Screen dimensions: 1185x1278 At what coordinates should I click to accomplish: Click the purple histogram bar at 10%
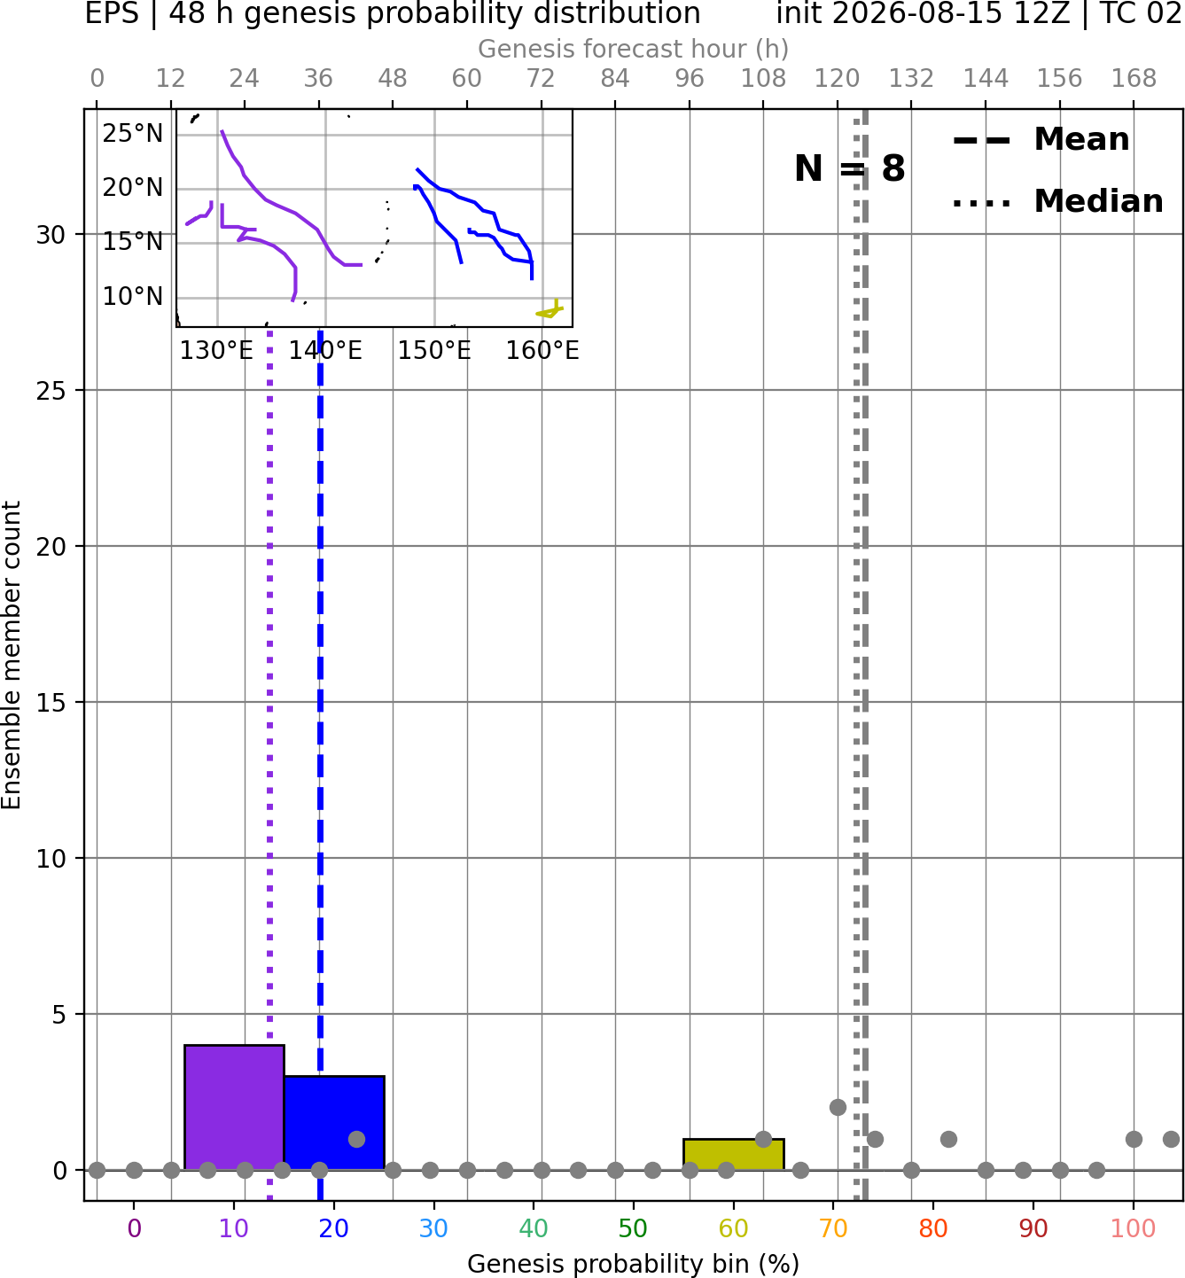pos(234,1107)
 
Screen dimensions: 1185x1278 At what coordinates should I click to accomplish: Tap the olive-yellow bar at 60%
pos(734,1155)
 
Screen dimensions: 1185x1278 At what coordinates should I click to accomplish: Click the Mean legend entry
pos(1041,139)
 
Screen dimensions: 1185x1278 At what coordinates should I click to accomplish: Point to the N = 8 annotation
pos(850,168)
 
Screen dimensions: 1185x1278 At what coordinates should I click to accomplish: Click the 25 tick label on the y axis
pos(51,391)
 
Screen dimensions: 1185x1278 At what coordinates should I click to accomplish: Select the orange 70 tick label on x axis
pos(833,1228)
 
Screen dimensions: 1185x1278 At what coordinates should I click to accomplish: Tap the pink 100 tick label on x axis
pos(1134,1228)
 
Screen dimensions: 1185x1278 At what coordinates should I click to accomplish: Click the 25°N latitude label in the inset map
pos(133,134)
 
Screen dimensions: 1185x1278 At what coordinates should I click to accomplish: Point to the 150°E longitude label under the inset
pos(434,351)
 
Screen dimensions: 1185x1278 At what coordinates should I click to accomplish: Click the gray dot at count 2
pos(838,1108)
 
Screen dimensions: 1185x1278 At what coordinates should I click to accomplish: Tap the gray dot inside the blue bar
pos(356,1139)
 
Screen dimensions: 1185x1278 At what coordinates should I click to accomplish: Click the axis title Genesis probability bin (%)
pos(634,1264)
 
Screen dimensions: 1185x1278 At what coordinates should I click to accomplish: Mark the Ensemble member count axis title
pos(11,655)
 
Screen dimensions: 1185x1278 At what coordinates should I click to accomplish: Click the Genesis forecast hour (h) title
pos(634,49)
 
